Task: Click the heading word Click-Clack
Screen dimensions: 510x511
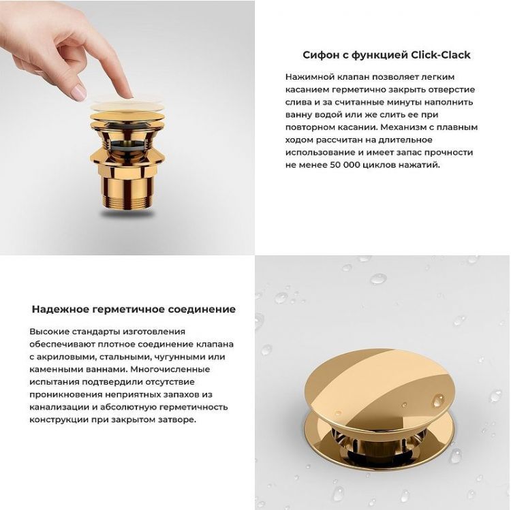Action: click(x=440, y=55)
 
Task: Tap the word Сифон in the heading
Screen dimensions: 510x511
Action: click(x=320, y=55)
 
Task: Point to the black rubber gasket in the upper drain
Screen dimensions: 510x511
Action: click(x=127, y=145)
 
